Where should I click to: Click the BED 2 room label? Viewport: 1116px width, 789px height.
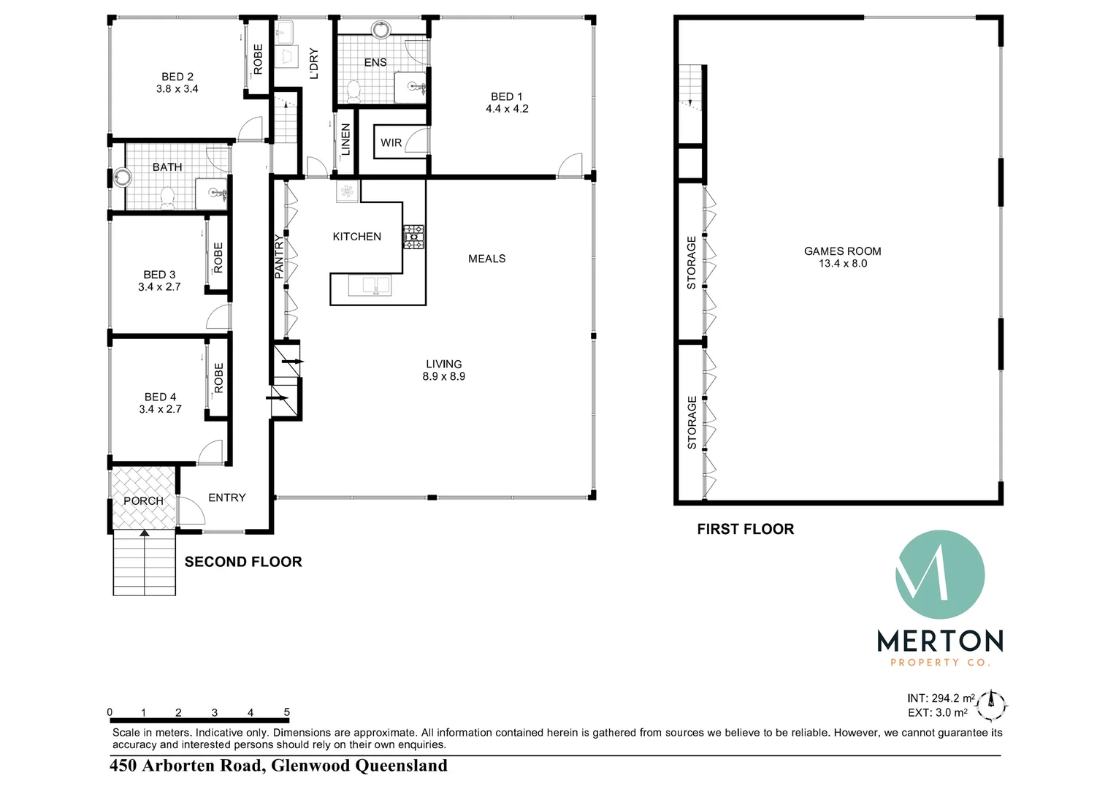[x=177, y=77]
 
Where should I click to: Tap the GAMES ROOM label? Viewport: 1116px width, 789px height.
[x=843, y=251]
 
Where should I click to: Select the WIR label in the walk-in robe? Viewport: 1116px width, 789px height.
[x=391, y=143]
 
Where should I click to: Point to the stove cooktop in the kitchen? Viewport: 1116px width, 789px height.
[x=413, y=237]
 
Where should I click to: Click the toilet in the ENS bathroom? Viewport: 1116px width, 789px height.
[x=353, y=91]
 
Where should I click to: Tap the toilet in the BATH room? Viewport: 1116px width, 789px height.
[x=167, y=198]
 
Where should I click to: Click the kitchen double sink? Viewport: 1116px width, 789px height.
[x=376, y=286]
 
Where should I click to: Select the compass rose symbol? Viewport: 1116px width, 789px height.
[x=991, y=706]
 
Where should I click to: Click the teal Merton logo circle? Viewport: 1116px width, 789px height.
[x=940, y=575]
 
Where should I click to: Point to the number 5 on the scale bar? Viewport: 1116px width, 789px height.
[x=287, y=712]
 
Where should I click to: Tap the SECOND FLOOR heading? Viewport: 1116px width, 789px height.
[x=244, y=562]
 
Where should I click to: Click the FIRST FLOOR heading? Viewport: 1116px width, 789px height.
[x=745, y=529]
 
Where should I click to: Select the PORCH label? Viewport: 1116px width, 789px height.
[x=143, y=501]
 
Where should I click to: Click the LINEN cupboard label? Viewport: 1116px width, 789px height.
[x=345, y=140]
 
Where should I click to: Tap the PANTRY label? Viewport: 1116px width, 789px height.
[x=279, y=256]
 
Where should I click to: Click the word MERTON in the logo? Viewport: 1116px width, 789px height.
[x=940, y=641]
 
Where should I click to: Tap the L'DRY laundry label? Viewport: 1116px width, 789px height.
[x=314, y=64]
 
